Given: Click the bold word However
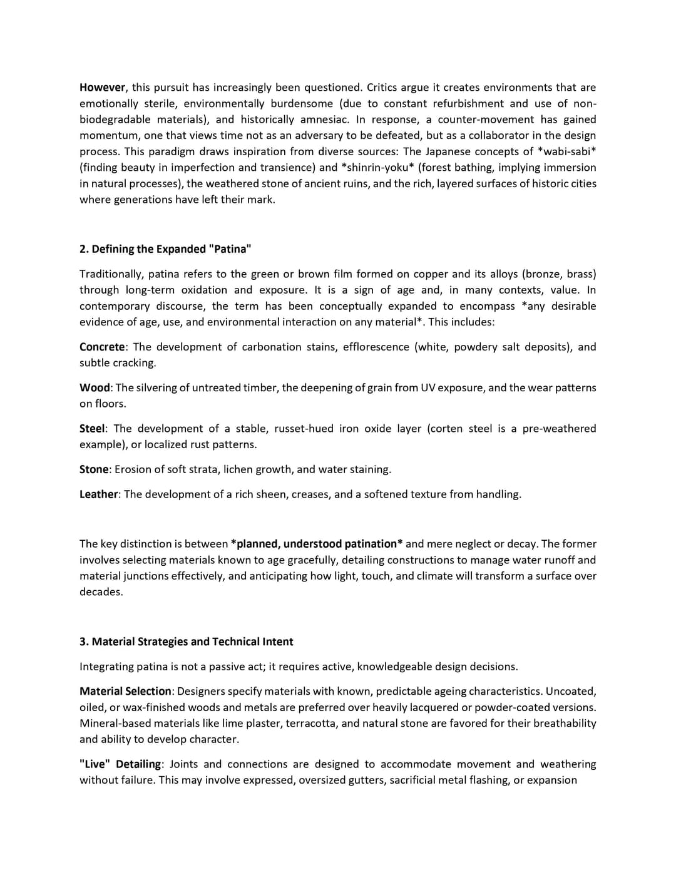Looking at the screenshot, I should (x=102, y=88).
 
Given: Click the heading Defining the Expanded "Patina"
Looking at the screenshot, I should (x=165, y=249).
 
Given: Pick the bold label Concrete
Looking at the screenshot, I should (x=102, y=347).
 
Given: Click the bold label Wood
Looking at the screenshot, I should (x=95, y=388).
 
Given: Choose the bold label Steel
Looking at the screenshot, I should (x=92, y=429).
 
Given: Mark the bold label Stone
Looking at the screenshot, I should (x=95, y=469).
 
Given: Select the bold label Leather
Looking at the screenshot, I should (x=99, y=494).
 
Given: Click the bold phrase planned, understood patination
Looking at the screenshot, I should (x=317, y=544).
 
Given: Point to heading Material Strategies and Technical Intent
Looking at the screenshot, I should (x=186, y=642).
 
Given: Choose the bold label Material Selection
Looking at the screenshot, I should (x=125, y=692).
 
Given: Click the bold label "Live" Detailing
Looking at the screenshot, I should (x=120, y=764).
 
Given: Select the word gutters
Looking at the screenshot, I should (x=364, y=780).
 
